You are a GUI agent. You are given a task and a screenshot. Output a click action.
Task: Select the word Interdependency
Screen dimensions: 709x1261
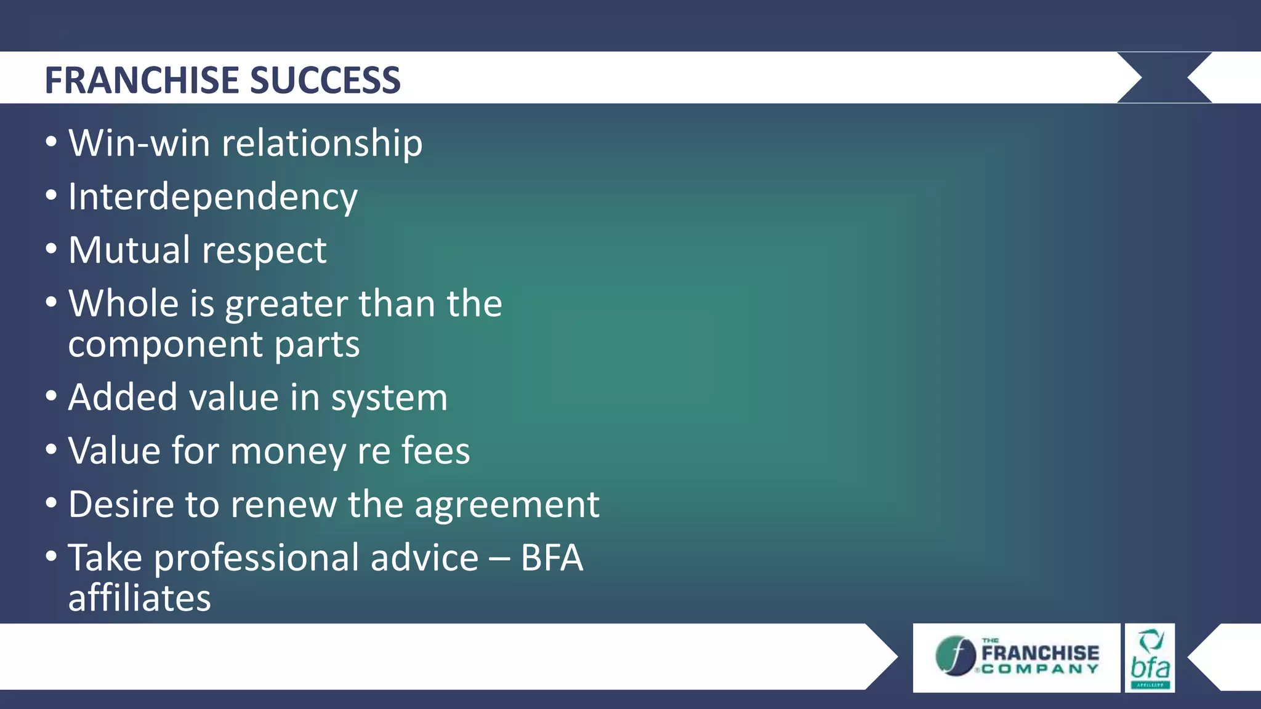click(212, 198)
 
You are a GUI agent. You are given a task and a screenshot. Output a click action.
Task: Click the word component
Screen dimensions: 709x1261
click(165, 345)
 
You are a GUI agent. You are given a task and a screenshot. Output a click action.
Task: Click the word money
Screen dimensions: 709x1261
click(288, 452)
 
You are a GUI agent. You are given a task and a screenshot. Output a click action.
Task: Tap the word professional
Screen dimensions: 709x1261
click(316, 559)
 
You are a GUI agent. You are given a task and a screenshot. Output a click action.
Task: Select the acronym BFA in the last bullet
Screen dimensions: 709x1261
click(552, 558)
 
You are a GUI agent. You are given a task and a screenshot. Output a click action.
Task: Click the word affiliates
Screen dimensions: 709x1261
click(139, 598)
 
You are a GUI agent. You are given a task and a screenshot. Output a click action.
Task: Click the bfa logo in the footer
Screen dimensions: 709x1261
click(1150, 658)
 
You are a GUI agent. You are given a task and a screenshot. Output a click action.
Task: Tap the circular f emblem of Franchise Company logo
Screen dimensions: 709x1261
click(955, 656)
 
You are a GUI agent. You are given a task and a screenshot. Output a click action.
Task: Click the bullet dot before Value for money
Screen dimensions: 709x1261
click(52, 450)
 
